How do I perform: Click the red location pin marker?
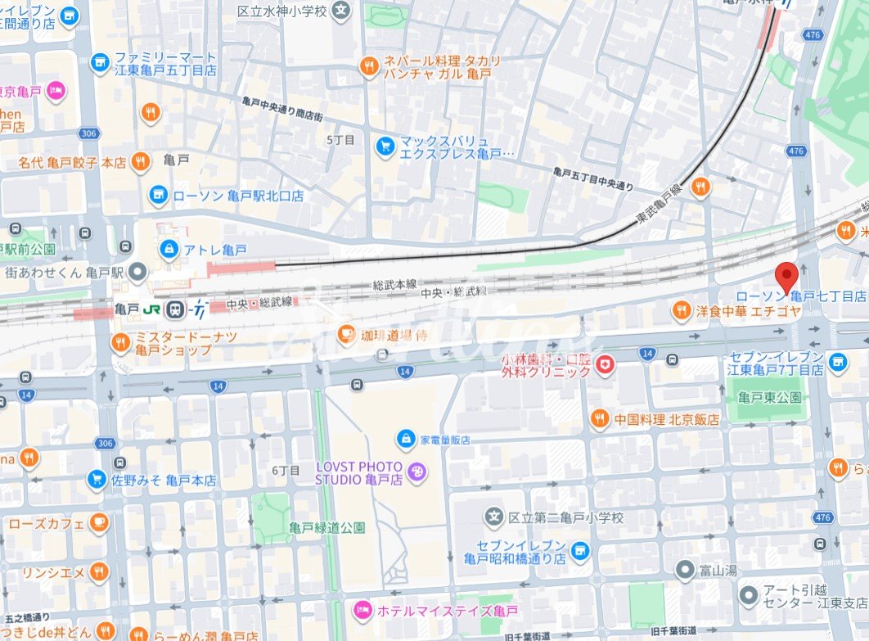(x=786, y=278)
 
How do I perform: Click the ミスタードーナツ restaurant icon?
(x=120, y=341)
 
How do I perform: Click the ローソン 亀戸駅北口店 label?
(x=237, y=196)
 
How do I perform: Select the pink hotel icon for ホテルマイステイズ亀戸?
(x=361, y=610)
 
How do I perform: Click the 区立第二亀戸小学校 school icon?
(x=493, y=517)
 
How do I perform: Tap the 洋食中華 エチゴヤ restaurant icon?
(x=681, y=310)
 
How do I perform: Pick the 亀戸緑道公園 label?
(x=326, y=527)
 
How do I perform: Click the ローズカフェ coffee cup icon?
(x=98, y=522)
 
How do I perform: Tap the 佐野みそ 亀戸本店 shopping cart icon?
(x=97, y=481)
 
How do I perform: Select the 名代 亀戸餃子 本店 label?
(x=72, y=163)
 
